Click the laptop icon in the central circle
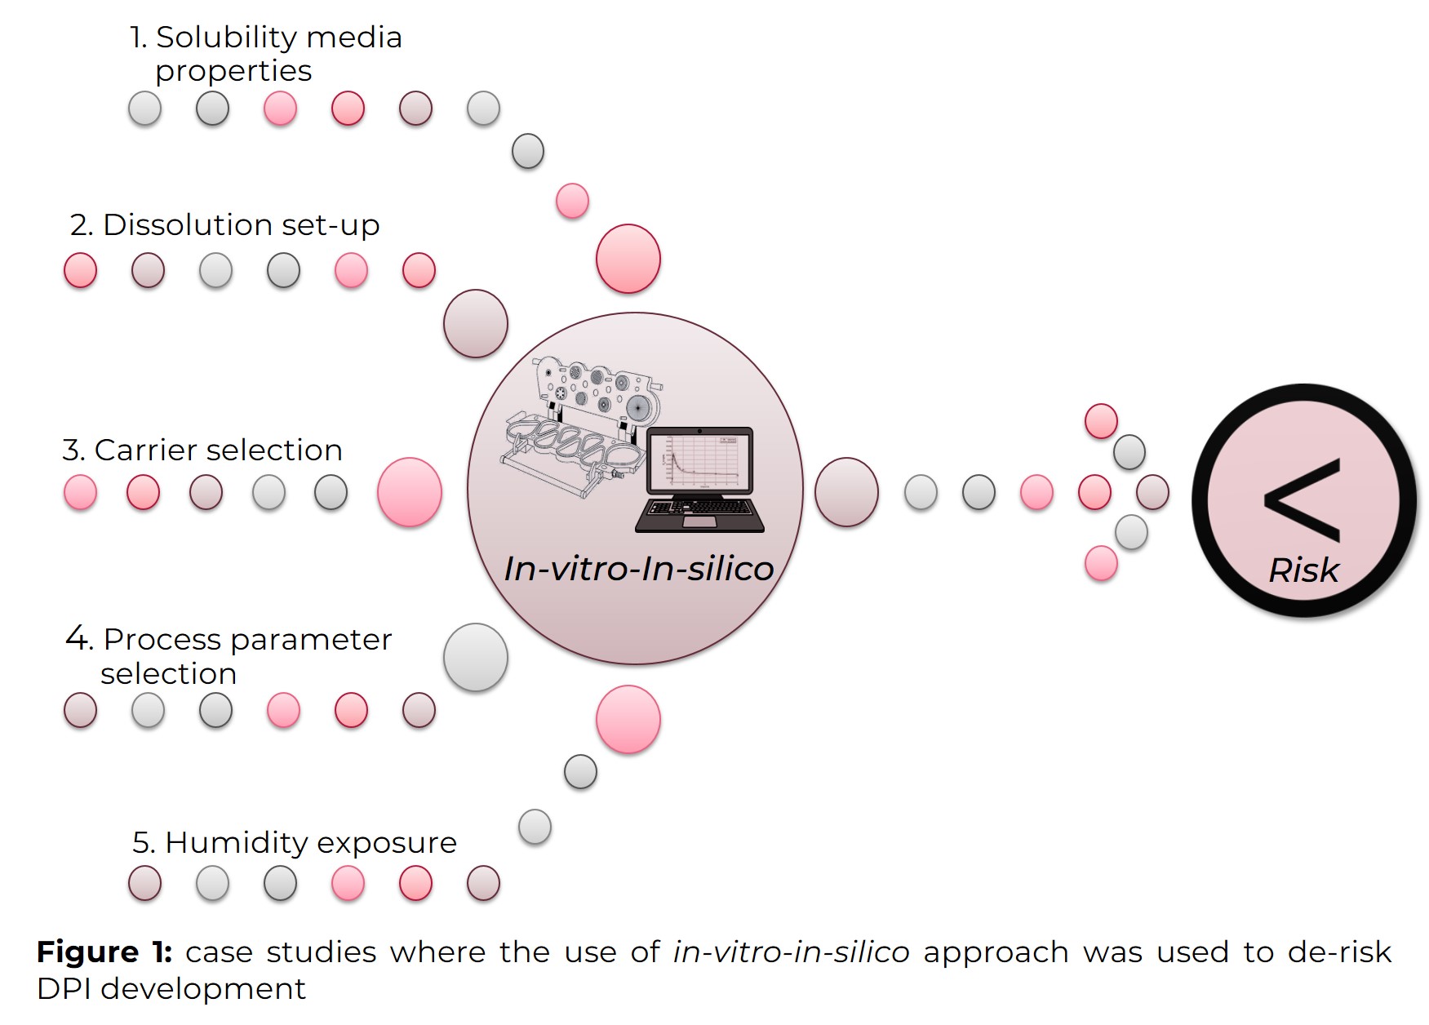coord(699,481)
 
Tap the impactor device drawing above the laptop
coord(581,424)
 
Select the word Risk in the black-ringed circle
coord(1303,570)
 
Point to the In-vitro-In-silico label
coord(638,569)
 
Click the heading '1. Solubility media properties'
coord(265,54)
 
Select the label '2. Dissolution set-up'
coord(224,225)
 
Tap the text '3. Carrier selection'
coord(202,450)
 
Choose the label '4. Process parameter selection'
coord(229,655)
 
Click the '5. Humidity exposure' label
coord(295,842)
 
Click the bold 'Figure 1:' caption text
coord(104,952)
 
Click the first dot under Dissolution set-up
coord(80,271)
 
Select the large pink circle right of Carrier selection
coord(410,492)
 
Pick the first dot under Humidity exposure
coord(144,883)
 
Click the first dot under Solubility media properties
coord(144,109)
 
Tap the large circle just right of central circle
coord(846,492)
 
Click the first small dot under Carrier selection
coord(80,493)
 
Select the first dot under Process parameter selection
coord(80,710)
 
